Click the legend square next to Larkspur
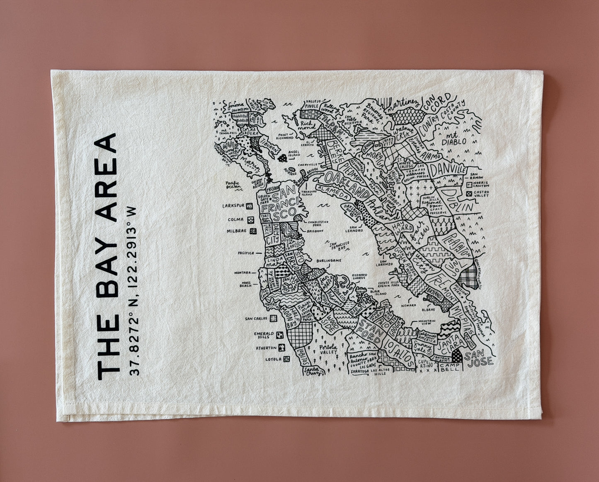pyautogui.click(x=250, y=206)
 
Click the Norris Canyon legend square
pyautogui.click(x=469, y=184)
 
